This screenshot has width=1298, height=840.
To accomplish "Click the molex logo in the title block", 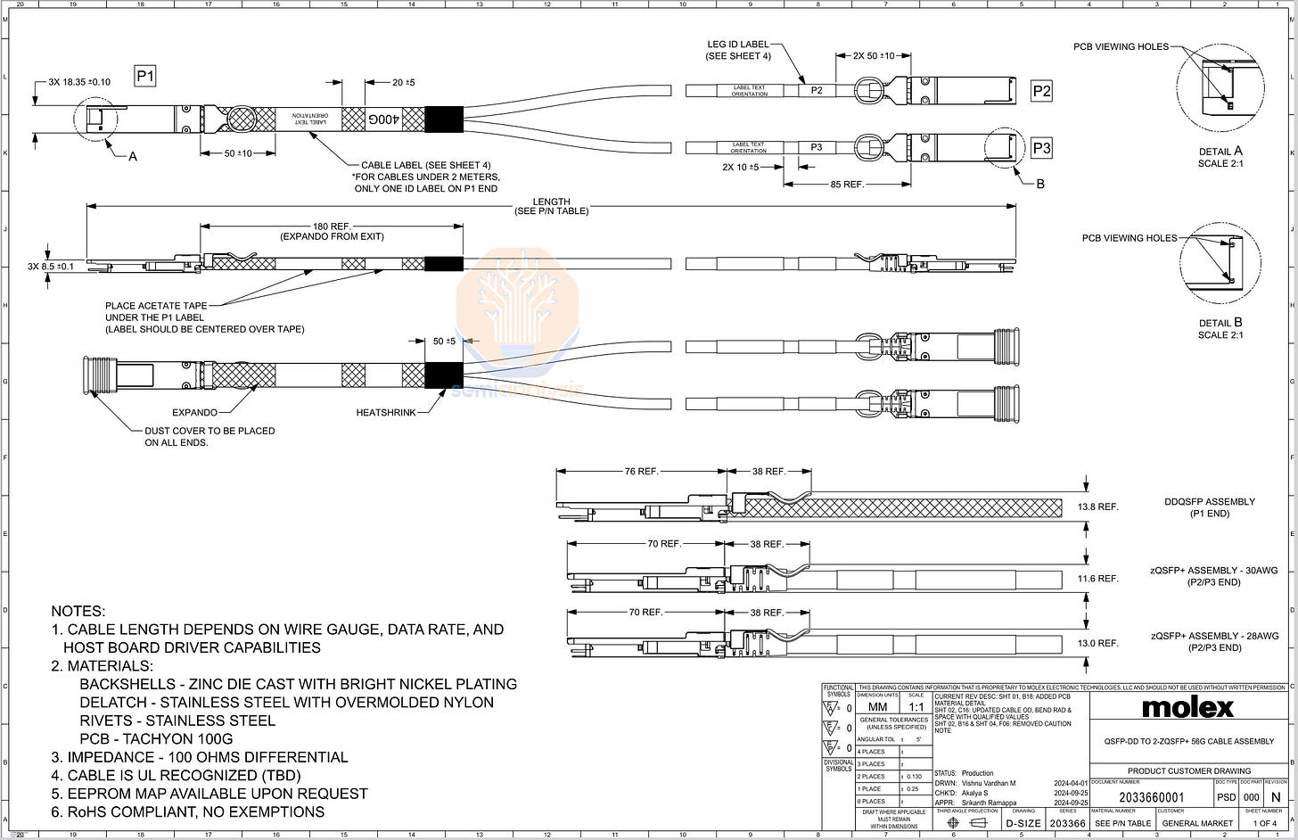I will (1188, 708).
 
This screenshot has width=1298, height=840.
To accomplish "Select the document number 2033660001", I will (1151, 798).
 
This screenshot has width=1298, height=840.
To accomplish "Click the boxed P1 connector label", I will (145, 77).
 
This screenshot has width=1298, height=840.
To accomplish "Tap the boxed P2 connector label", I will (1041, 90).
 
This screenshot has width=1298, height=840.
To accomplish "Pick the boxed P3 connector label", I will (1041, 149).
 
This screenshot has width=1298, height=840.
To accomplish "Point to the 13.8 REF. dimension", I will (1097, 506).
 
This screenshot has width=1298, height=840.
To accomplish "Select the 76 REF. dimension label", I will (641, 471).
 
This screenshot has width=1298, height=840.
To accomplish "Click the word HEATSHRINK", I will (386, 413).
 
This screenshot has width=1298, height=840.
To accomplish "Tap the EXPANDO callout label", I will (194, 413).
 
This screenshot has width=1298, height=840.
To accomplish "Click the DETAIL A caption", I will (1220, 152).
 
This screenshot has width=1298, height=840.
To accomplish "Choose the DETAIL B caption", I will (1220, 324).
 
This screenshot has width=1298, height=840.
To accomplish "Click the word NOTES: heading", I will (78, 612).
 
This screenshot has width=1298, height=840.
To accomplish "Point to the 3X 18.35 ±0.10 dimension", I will (80, 82).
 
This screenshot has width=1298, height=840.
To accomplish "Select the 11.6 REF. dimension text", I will (1097, 579).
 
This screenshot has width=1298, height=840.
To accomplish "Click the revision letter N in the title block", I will (1276, 798).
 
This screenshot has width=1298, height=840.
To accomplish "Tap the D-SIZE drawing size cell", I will (1022, 823).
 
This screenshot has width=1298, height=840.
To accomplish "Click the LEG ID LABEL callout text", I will (738, 45).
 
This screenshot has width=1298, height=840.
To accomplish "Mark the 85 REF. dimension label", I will (845, 185).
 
